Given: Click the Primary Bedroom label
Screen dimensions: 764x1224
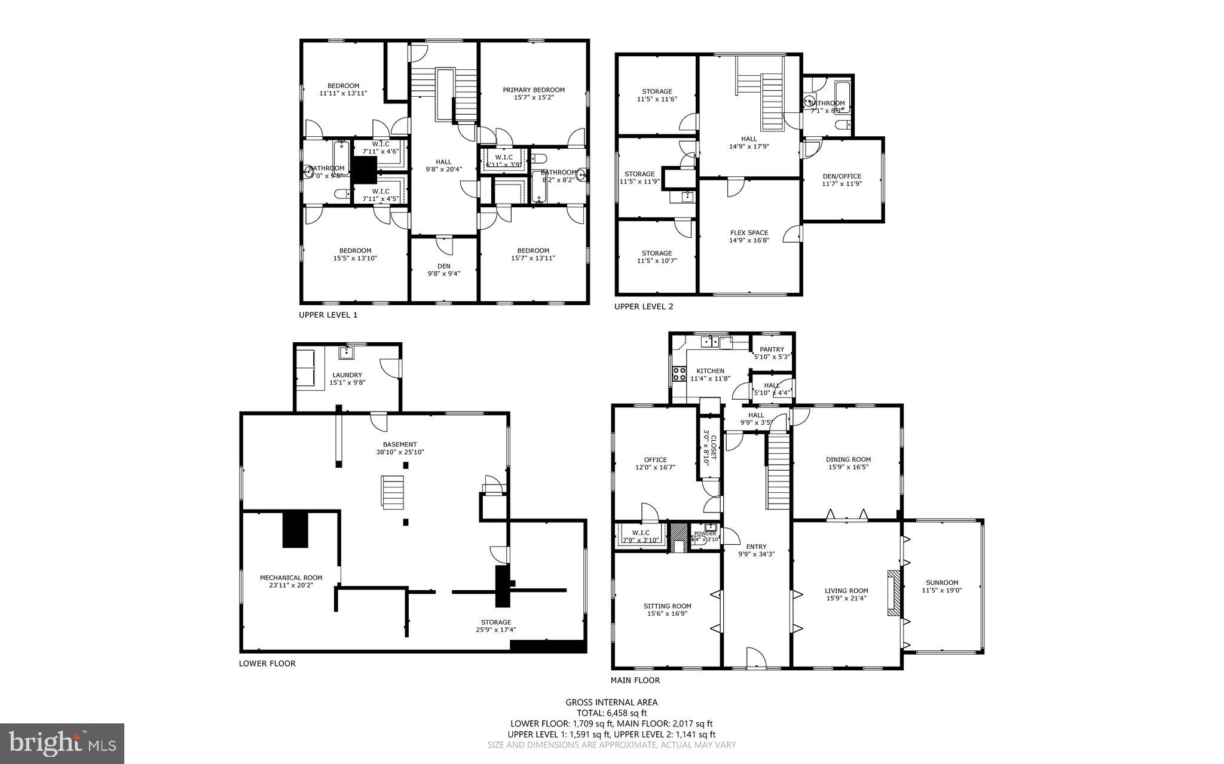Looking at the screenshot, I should [x=533, y=90].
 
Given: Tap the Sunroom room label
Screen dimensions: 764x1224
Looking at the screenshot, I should [x=941, y=582].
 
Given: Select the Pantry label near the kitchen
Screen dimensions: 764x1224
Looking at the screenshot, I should [x=772, y=349].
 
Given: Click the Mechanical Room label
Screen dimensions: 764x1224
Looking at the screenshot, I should [x=291, y=578].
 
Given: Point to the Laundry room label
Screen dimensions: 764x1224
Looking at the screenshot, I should [x=347, y=375].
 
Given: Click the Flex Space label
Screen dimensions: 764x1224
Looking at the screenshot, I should [x=749, y=233].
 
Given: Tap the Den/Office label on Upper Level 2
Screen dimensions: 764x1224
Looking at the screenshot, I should [x=841, y=176].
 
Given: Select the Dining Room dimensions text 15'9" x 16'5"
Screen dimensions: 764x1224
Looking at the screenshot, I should [x=848, y=467].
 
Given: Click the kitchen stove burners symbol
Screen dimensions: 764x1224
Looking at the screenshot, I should [x=680, y=374].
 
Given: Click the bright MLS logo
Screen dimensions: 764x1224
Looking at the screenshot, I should [x=62, y=744].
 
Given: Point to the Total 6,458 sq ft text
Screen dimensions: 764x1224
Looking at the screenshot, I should [x=611, y=713].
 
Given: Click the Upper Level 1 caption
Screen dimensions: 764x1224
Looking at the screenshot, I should [x=328, y=315].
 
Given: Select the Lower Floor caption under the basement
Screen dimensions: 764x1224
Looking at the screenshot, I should [x=267, y=663].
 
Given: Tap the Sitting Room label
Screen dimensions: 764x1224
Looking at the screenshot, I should [x=668, y=606].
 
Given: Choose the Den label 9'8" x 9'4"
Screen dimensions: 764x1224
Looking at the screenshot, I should [x=443, y=266].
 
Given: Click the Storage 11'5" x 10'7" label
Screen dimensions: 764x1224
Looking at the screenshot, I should [x=657, y=253].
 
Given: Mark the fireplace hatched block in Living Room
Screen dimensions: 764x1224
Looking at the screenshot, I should [x=893, y=593].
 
